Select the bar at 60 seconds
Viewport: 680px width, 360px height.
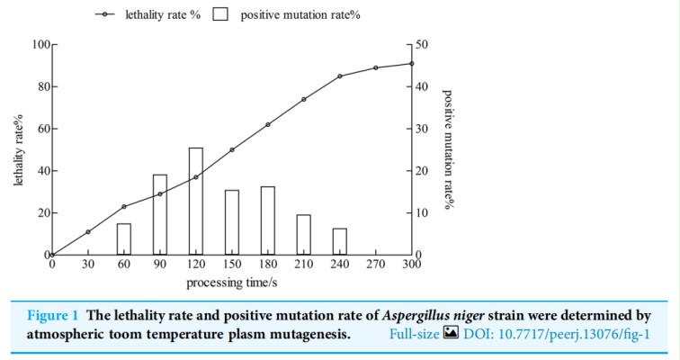point(124,239)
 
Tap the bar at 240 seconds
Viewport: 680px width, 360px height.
point(340,241)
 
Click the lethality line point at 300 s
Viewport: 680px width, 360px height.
point(412,64)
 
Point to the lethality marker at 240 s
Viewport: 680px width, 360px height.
point(340,76)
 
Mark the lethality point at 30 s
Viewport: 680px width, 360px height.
point(88,232)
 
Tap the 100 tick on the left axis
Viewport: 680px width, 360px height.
point(39,44)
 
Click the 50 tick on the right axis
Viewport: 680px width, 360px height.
point(422,44)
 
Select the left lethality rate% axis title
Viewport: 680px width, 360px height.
point(18,149)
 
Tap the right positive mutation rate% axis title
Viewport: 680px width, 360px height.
point(447,149)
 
